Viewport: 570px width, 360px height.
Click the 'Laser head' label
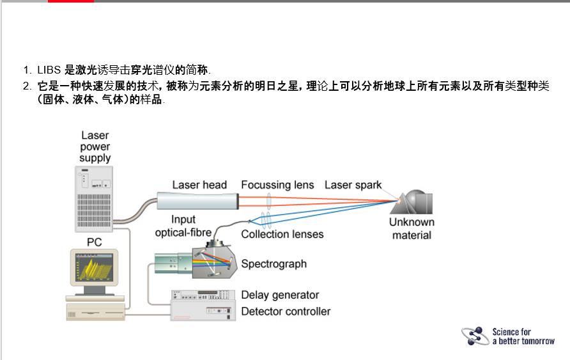[199, 185]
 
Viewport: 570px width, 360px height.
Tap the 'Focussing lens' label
[277, 185]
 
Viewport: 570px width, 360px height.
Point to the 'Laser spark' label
[353, 185]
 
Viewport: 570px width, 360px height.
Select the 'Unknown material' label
[412, 228]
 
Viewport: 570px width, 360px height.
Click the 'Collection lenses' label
[282, 234]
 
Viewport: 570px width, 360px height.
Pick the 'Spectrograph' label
[273, 264]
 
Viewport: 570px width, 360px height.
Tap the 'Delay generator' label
[280, 295]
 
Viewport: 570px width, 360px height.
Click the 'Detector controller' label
[286, 311]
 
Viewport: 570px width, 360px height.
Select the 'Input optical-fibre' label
[183, 226]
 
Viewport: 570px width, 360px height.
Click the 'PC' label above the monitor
[94, 242]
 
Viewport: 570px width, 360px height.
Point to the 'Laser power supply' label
[95, 146]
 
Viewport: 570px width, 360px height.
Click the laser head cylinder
[197, 201]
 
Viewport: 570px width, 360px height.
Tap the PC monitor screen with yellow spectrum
[94, 267]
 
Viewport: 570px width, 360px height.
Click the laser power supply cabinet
[94, 199]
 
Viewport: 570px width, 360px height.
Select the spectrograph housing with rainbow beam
[214, 262]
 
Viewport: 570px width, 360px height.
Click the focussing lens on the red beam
[268, 201]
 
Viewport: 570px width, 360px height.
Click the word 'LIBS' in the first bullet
[49, 70]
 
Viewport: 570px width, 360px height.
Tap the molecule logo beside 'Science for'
[475, 336]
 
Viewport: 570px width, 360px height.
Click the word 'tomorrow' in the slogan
[537, 341]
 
